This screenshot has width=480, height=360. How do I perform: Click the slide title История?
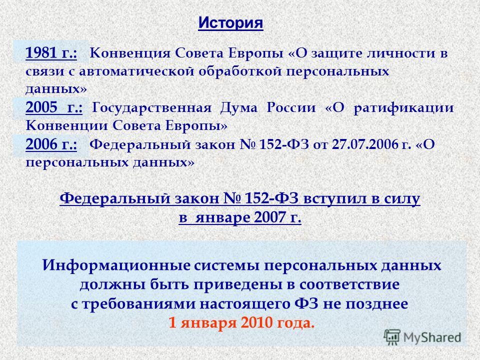point(230,23)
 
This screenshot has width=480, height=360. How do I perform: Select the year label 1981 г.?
point(51,52)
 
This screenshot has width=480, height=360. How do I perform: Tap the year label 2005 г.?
point(54,107)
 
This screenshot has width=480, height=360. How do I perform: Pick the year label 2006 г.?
point(51,144)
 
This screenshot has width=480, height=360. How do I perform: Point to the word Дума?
point(239,108)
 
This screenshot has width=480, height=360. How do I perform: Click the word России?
point(291,108)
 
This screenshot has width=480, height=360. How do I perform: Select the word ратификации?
point(403,108)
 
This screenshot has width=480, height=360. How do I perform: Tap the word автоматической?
point(136,71)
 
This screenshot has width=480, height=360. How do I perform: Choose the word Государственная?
point(151,108)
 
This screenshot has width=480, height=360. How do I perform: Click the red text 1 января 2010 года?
point(241,323)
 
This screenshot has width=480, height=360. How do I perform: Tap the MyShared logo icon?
point(392,337)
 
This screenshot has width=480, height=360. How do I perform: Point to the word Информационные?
point(116,265)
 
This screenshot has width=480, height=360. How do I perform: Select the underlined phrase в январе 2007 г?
point(240,217)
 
